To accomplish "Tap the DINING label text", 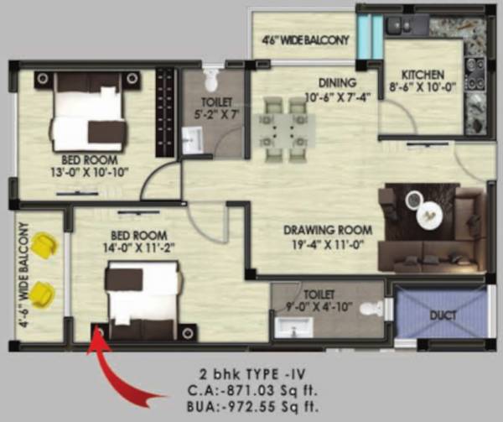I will point(337,82).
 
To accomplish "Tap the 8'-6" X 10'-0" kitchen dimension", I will point(423,87).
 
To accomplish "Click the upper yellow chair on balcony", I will point(46,247).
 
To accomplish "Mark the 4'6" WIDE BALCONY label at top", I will point(304,39).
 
